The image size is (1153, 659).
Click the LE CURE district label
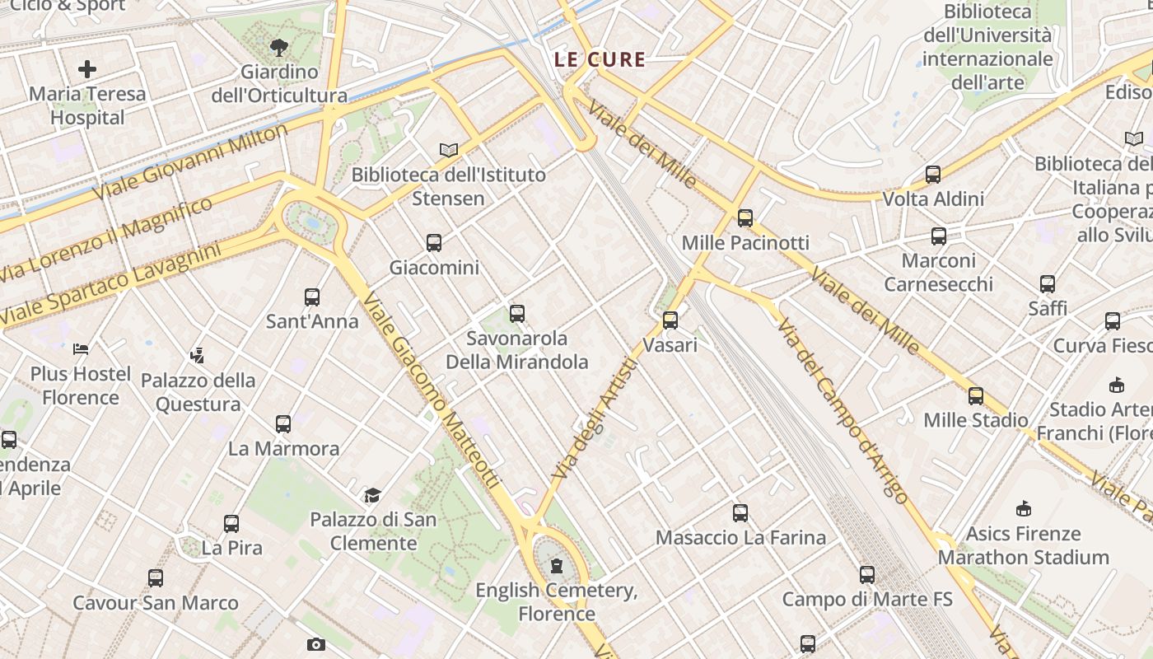[600, 59]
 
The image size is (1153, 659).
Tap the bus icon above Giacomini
[434, 243]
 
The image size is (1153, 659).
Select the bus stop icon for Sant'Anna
[311, 297]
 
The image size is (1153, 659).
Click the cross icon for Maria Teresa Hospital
[87, 69]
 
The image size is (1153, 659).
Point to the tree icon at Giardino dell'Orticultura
[279, 48]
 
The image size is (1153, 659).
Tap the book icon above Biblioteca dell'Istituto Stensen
[448, 150]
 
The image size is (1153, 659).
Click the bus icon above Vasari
[670, 320]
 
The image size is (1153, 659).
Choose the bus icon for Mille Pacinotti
[745, 218]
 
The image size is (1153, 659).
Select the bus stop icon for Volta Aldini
[932, 175]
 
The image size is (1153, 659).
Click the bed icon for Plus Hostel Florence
[81, 349]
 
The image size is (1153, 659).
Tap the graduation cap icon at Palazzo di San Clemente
[373, 495]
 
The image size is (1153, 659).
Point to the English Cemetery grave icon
[557, 565]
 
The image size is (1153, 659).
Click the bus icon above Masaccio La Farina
[740, 513]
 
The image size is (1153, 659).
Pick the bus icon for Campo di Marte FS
[867, 575]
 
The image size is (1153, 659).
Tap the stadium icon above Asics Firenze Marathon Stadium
[1024, 508]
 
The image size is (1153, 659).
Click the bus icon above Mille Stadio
[976, 396]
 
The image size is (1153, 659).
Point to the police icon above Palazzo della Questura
[196, 356]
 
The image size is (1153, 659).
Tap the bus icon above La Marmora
[283, 424]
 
